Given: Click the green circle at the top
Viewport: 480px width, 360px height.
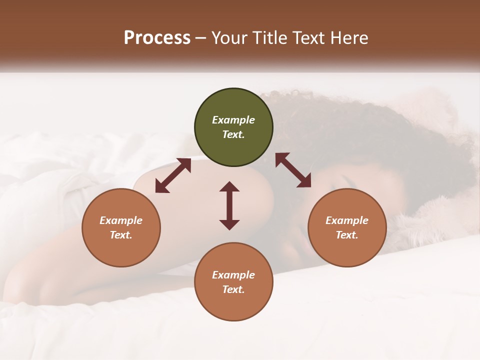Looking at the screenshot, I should point(233,127).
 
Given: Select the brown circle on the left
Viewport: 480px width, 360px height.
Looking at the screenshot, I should point(121,227).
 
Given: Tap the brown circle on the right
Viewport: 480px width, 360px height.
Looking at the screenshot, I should point(347,227).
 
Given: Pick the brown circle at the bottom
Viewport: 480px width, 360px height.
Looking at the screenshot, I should point(233,282).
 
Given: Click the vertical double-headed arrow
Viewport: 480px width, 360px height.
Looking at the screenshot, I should point(229,205).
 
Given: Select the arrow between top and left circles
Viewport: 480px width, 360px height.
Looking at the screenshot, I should point(173,175).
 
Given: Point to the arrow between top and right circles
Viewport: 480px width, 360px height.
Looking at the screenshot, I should point(293,170).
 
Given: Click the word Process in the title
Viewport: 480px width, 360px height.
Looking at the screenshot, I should point(157,37).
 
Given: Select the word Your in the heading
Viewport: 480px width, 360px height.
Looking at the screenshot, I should point(229,37).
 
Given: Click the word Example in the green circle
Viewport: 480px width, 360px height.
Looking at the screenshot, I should point(233,120).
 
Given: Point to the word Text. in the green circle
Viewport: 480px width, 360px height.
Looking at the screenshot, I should point(233,134).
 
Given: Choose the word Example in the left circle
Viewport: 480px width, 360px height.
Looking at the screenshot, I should point(121,220).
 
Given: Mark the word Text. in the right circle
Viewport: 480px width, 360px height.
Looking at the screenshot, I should point(347,235).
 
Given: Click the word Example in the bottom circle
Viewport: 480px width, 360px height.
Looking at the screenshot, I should point(233,275).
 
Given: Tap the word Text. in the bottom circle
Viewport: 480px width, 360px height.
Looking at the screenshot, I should point(233,289).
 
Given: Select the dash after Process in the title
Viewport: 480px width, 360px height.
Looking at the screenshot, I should point(201,38).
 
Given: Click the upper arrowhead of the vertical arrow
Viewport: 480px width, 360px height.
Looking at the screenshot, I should point(229,187).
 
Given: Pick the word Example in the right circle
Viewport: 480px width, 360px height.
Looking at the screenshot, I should point(347,220).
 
